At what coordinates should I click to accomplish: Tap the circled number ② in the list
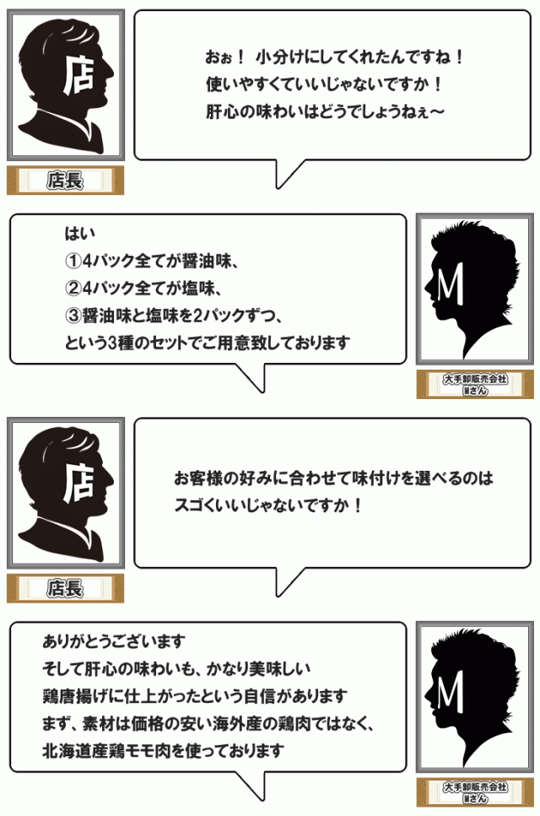pos(73,288)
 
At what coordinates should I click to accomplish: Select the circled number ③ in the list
pos(73,316)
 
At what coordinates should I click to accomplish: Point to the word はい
pos(79,233)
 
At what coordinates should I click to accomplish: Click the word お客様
pos(197,478)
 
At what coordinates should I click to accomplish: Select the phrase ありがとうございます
pos(114,640)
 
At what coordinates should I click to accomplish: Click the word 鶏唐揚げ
pos(73,696)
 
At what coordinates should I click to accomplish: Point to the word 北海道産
pos(73,751)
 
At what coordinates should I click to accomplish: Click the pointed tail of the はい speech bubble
pos(262,390)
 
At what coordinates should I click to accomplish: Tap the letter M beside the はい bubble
pos(451,285)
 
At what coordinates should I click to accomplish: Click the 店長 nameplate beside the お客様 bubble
pos(65,588)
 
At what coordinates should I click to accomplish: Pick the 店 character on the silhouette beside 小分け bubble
pos(79,74)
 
